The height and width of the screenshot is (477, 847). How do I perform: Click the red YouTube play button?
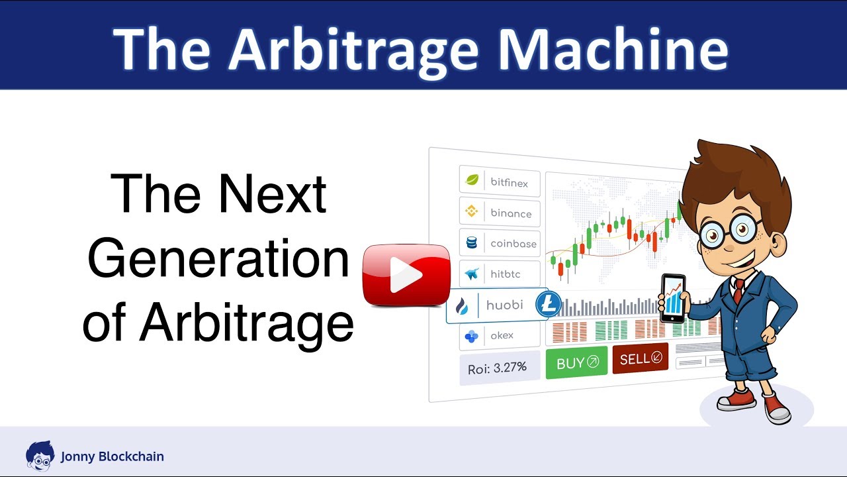[x=406, y=275]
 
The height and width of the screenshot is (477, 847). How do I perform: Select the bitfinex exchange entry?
[x=500, y=182]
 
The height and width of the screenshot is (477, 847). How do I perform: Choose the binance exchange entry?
[x=500, y=213]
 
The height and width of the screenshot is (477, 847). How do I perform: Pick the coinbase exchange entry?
[x=500, y=243]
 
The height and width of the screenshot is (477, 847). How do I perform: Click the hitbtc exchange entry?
[x=500, y=274]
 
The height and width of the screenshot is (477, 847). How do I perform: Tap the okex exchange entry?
[x=500, y=336]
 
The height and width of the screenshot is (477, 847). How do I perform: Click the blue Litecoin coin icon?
[x=548, y=305]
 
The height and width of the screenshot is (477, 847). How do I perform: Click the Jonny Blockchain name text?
[x=112, y=456]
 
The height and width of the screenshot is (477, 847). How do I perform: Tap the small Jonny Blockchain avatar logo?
[x=39, y=455]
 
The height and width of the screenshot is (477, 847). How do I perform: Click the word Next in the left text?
[x=273, y=193]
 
